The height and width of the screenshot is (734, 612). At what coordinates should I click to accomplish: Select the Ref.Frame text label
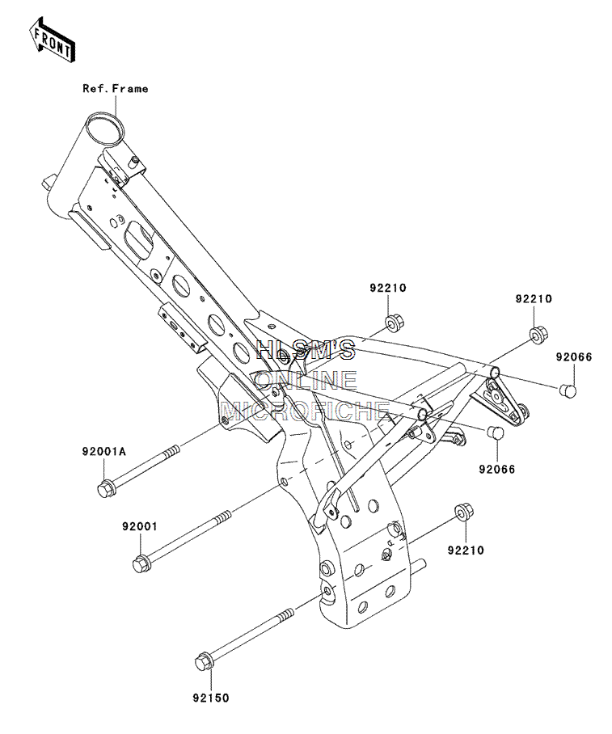coord(115,88)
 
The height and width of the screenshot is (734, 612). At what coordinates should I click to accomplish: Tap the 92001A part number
coord(104,451)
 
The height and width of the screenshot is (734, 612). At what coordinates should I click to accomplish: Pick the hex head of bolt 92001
coord(141,563)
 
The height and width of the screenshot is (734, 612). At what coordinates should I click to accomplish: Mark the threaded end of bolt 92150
coord(286,614)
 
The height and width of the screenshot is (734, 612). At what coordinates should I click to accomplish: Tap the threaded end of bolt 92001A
coord(172,450)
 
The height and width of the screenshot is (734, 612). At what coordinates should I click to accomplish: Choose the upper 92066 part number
coord(574,356)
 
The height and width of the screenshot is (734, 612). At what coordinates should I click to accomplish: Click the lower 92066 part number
coord(497,469)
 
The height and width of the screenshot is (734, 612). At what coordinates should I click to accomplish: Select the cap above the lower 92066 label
coord(495,432)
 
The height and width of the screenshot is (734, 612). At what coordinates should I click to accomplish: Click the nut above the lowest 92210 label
coord(463,512)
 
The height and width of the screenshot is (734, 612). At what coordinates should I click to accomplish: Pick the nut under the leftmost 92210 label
coord(395,324)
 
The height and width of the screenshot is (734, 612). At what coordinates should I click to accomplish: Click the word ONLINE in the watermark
coord(306,380)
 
